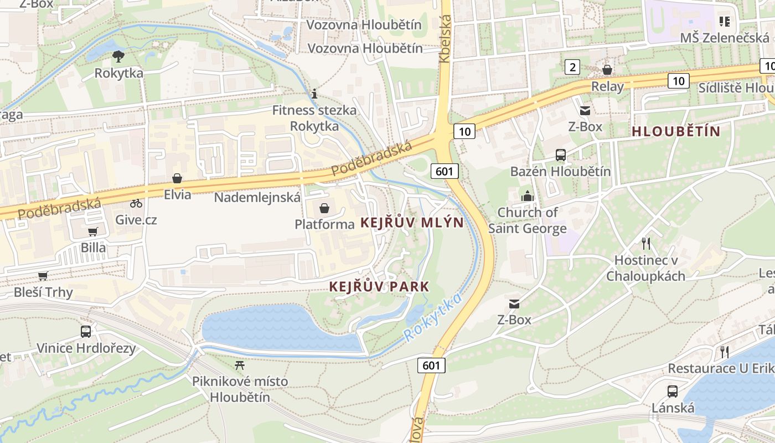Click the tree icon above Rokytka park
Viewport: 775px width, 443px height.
tap(118, 55)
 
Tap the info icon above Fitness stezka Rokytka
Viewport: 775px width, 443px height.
tap(314, 94)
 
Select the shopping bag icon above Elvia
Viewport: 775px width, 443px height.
tap(177, 178)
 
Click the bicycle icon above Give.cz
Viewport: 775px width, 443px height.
tap(136, 203)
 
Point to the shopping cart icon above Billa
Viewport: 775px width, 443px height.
tap(93, 231)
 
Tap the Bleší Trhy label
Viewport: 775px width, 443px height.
tap(43, 292)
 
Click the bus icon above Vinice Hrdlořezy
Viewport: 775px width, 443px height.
tap(86, 332)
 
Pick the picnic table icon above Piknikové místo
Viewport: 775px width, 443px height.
tap(240, 365)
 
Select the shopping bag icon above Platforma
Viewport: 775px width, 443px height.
tap(324, 208)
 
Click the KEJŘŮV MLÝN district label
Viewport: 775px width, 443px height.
tap(412, 223)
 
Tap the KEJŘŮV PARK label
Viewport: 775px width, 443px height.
tap(379, 287)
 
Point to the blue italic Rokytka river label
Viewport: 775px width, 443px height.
tap(433, 317)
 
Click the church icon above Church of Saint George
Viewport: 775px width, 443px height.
tap(527, 196)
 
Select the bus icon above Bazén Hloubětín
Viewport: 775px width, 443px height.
tap(561, 155)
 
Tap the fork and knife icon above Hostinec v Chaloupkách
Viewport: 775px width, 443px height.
tap(645, 243)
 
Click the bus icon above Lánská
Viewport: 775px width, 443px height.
tap(673, 392)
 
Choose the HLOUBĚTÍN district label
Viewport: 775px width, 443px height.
tap(676, 132)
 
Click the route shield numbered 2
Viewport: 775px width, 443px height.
tap(572, 68)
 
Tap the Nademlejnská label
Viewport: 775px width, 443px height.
tap(257, 198)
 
